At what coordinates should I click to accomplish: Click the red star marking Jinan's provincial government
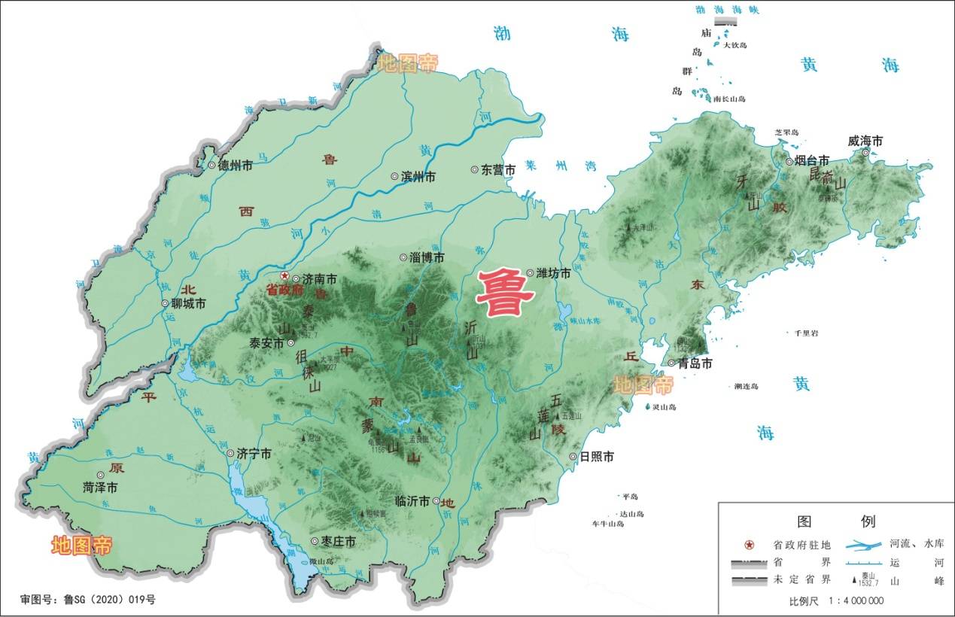[284, 276]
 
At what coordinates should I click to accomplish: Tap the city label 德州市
[236, 166]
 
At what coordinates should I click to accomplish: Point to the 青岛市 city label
[695, 363]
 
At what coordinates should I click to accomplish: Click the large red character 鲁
[506, 293]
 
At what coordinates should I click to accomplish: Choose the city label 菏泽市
[100, 488]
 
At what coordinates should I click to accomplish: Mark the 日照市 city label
[597, 457]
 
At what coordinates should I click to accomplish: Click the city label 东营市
[499, 170]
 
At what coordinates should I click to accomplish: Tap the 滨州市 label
[418, 177]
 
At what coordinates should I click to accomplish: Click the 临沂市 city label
[412, 501]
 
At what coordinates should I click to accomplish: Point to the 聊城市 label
[189, 304]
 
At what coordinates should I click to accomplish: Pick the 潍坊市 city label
[553, 274]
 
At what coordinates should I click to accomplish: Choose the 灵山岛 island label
[666, 407]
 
